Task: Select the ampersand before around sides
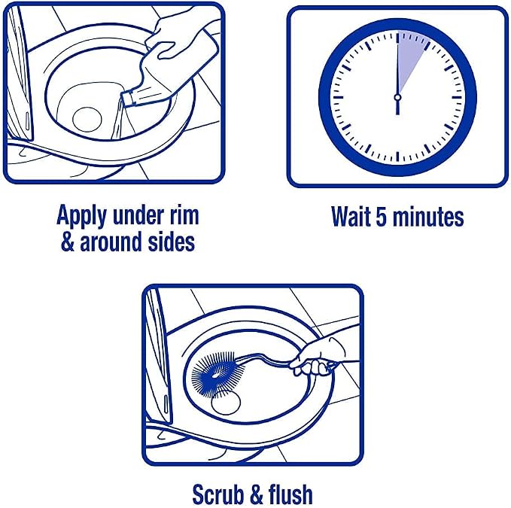(x=68, y=242)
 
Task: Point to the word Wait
(x=351, y=216)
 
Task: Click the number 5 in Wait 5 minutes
(x=382, y=217)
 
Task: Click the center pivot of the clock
(x=397, y=97)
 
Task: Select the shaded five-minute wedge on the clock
(x=410, y=56)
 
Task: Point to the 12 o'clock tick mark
(x=397, y=38)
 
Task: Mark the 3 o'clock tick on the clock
(x=457, y=97)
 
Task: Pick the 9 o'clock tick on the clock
(x=338, y=97)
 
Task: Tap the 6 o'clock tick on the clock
(x=397, y=157)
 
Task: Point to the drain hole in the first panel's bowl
(x=87, y=120)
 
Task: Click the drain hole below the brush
(x=227, y=403)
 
